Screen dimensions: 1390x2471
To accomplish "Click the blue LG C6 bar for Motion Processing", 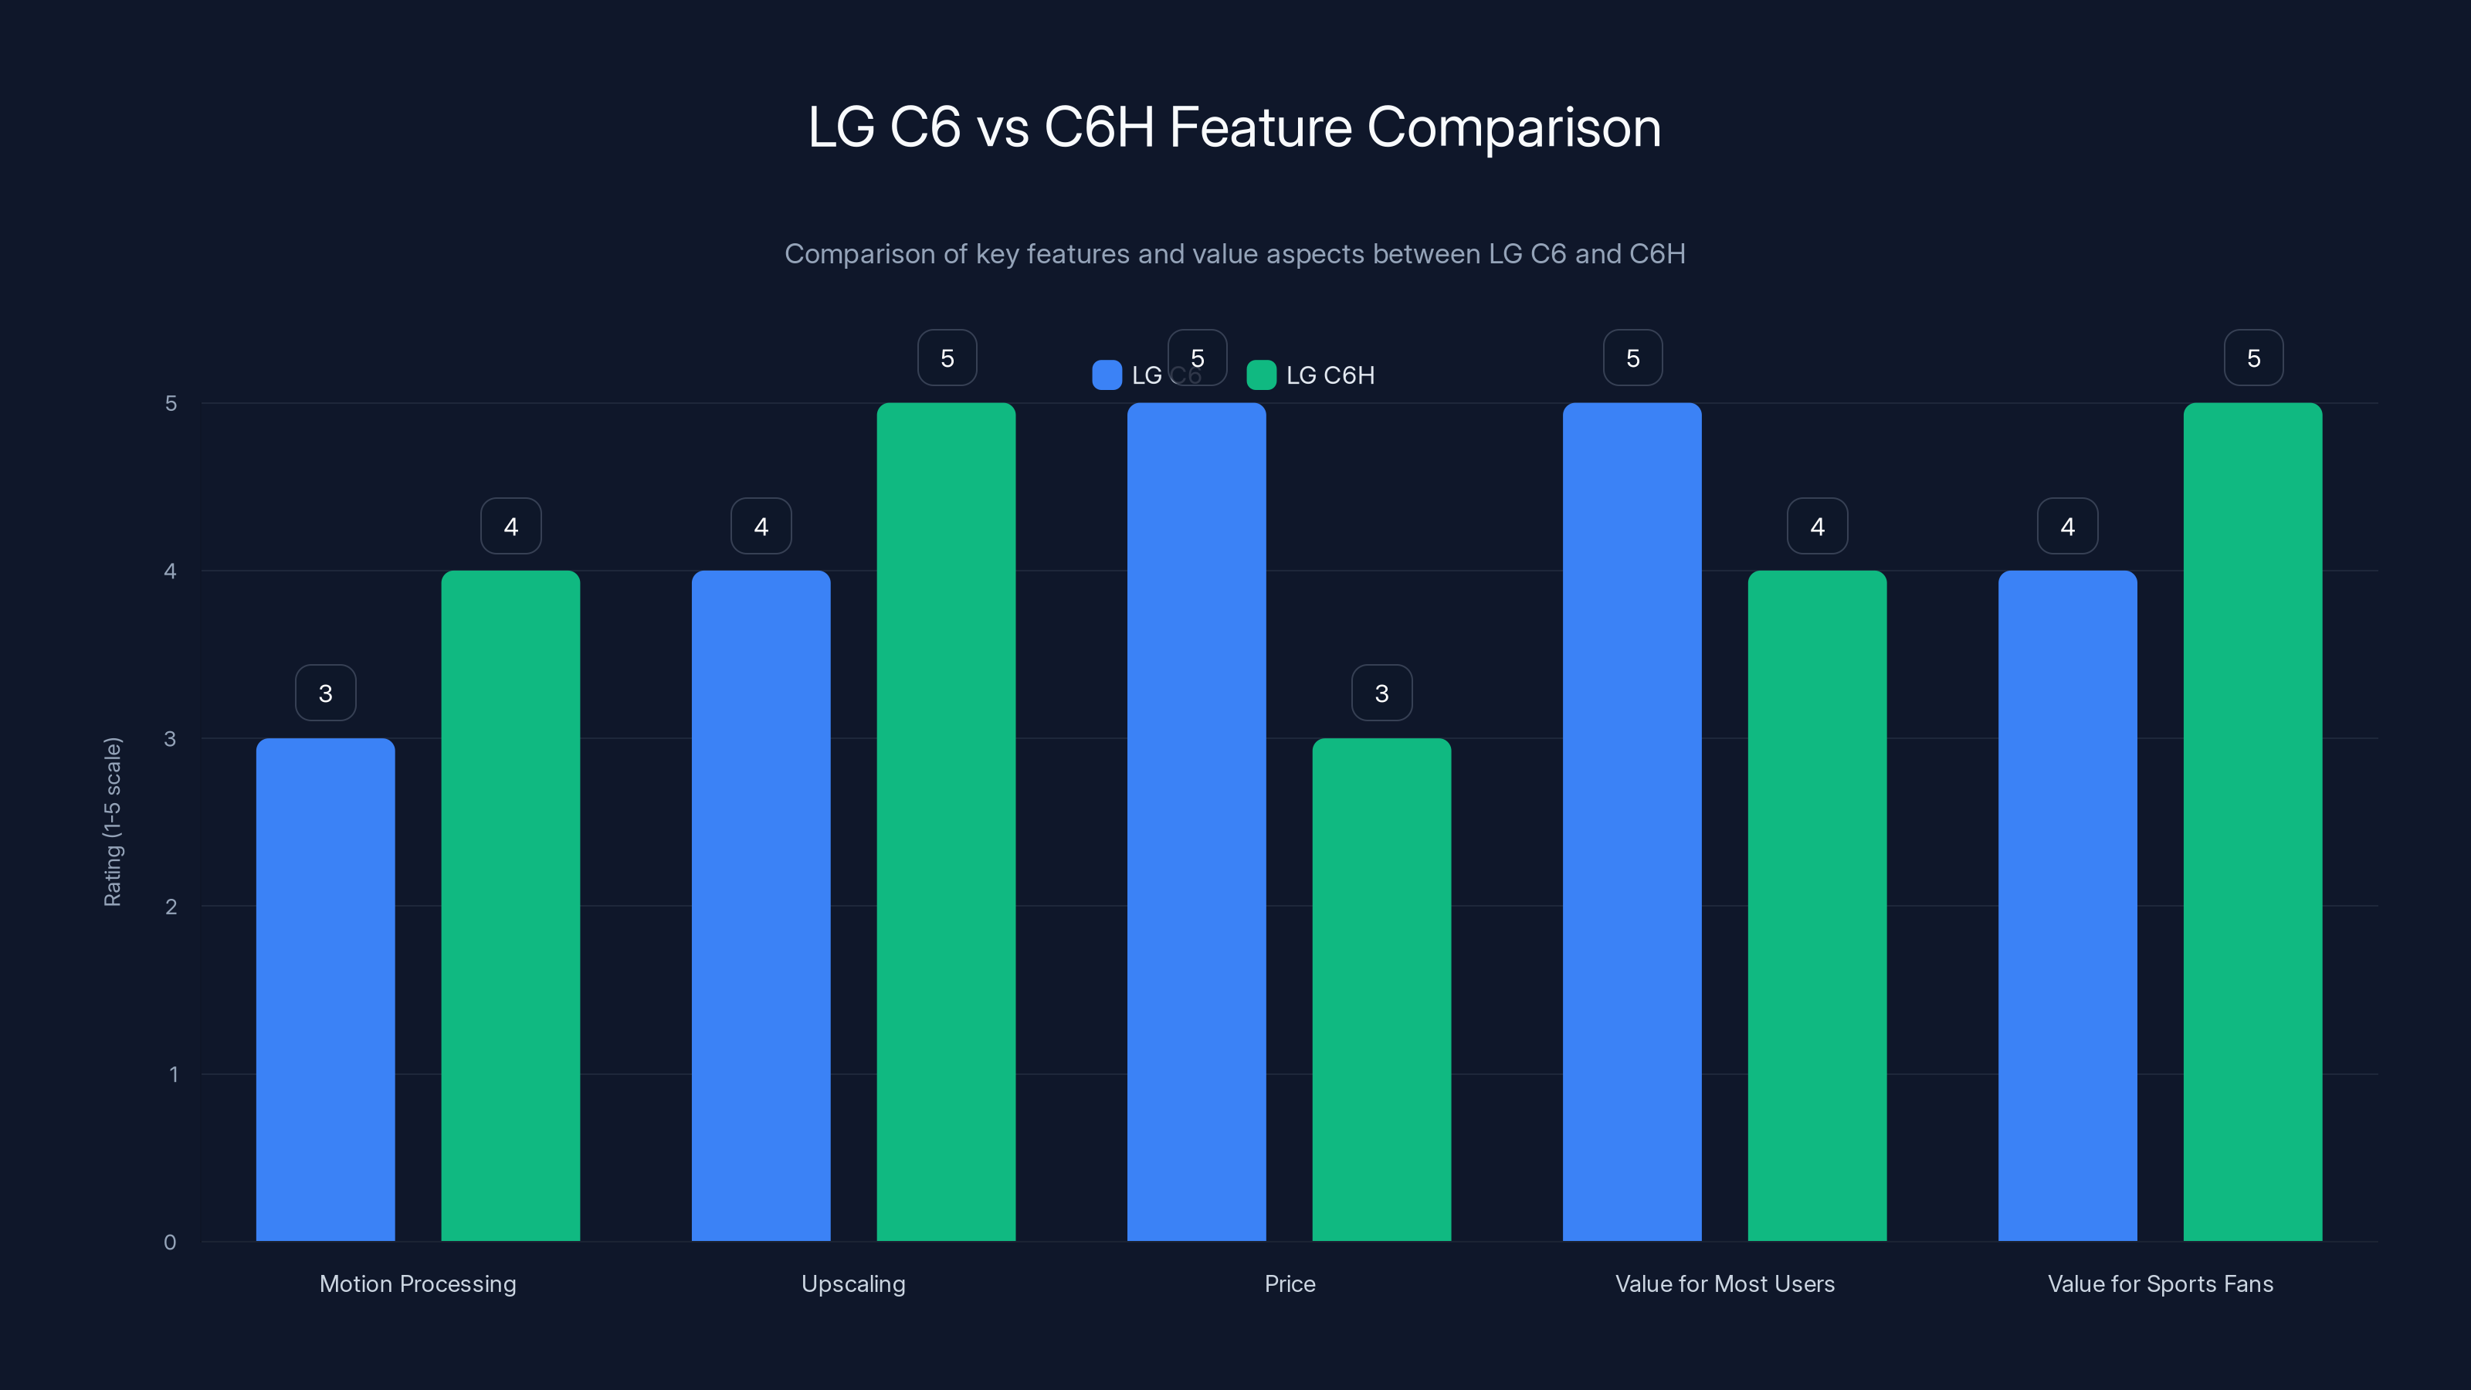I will [325, 989].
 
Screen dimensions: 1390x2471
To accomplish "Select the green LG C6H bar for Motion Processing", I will [510, 906].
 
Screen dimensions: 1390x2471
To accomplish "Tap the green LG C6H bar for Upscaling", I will [946, 821].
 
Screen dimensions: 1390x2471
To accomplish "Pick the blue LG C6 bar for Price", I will [1196, 821].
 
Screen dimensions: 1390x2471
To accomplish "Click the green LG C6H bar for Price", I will [1381, 989].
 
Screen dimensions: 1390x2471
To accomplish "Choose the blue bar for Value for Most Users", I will [1632, 821].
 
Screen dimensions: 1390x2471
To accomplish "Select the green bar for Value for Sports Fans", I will [2252, 821].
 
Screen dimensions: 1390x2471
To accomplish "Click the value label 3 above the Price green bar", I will [1381, 693].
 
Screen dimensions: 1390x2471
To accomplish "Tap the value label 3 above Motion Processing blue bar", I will [325, 693].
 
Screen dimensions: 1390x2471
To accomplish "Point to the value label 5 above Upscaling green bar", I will [947, 358].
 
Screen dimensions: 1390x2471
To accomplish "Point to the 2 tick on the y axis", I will [171, 907].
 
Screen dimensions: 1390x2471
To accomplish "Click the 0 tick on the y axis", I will [170, 1243].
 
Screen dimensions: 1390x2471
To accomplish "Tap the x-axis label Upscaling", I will [852, 1283].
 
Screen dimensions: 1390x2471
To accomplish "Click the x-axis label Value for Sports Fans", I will [2161, 1283].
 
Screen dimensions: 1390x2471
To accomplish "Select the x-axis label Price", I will [1290, 1283].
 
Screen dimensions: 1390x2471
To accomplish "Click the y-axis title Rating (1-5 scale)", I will [112, 821].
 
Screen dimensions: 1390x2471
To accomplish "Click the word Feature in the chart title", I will [1260, 127].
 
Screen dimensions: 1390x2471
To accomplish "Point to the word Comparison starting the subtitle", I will [875, 254].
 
